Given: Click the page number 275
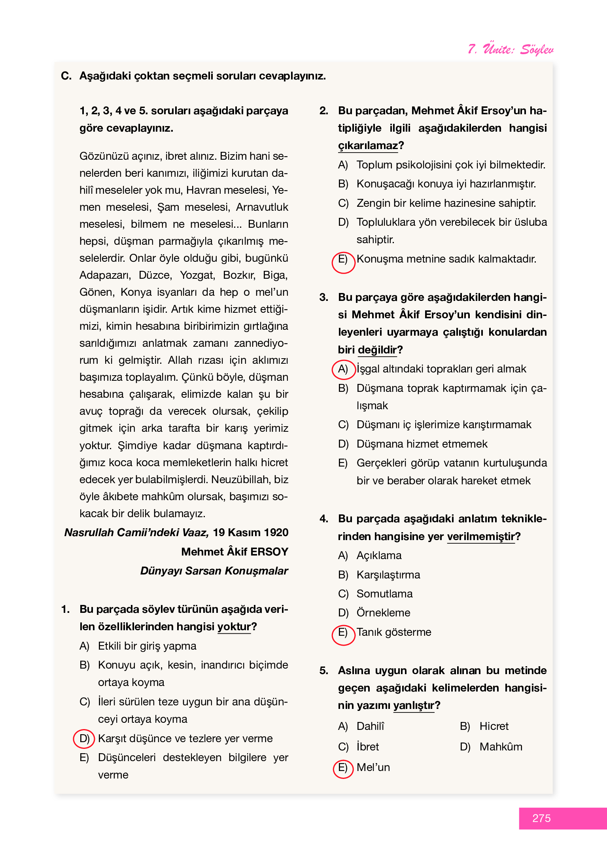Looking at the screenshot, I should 541,818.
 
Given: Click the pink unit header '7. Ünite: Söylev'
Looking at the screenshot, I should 510,49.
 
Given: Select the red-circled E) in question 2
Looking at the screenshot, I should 343,261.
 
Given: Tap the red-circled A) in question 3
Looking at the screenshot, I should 343,369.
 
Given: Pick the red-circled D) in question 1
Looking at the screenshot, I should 84,739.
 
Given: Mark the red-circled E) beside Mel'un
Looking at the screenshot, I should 343,768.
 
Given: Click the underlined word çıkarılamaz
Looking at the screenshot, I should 368,146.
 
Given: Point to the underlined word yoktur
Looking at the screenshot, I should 234,627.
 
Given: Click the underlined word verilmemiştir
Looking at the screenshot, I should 480,537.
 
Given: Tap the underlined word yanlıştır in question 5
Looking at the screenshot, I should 413,705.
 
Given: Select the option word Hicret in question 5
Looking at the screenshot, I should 494,726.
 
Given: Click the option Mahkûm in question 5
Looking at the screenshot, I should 501,747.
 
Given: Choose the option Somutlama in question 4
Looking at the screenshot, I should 384,594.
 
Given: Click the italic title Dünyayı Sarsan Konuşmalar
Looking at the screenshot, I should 214,571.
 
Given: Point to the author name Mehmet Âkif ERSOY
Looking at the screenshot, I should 234,552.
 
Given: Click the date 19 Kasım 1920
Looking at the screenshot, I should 250,533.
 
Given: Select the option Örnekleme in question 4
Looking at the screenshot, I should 383,613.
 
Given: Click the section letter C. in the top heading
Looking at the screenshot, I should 66,76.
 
